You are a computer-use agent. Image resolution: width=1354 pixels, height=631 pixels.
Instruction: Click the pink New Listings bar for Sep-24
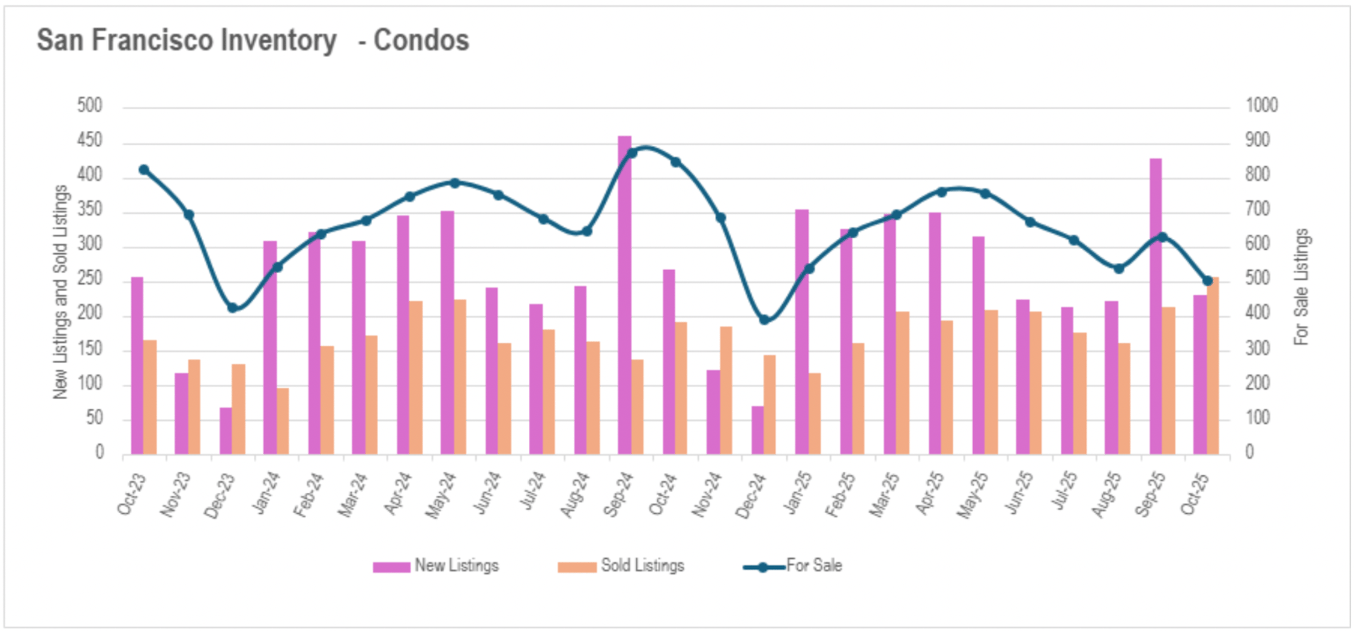click(624, 296)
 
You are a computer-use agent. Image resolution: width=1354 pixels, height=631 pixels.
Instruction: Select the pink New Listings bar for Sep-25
click(1155, 307)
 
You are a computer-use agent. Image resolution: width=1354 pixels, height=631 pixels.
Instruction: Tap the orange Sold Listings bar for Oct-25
click(1213, 367)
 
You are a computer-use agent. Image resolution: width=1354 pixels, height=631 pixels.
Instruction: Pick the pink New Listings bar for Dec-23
click(226, 431)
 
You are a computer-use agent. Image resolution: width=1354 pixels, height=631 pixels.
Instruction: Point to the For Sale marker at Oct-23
click(144, 170)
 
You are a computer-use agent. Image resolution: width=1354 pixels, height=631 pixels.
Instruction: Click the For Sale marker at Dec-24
click(764, 320)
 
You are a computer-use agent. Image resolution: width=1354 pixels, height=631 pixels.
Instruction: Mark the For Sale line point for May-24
click(454, 183)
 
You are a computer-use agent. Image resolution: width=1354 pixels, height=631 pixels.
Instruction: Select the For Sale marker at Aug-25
click(1118, 269)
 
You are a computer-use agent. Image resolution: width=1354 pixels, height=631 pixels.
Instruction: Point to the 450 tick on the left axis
click(90, 140)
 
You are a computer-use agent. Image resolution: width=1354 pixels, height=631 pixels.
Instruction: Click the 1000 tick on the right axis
click(1262, 106)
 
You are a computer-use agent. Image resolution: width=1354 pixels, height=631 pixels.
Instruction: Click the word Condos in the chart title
click(421, 40)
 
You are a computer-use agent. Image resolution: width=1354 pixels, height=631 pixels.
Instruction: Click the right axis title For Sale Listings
click(1301, 287)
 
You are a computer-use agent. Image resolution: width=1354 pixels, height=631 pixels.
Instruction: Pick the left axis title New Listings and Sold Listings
click(61, 292)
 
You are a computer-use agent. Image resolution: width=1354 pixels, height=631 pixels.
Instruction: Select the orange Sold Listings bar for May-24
click(460, 377)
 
